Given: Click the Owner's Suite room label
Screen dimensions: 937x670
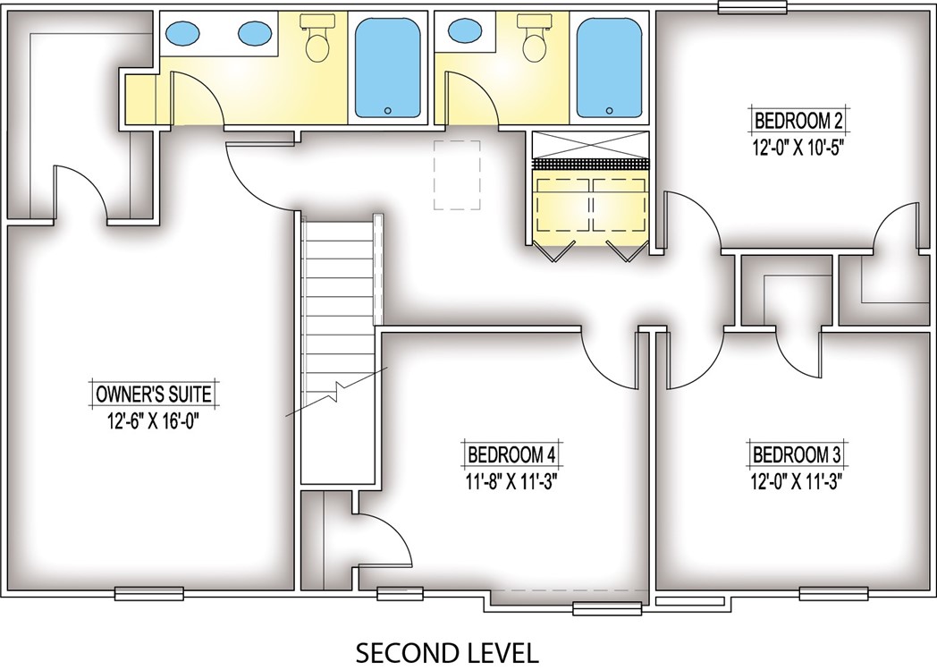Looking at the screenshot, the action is tap(154, 394).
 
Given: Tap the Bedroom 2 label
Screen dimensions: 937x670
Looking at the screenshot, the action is tap(798, 122).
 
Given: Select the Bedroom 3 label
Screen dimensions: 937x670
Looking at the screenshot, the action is tap(797, 454).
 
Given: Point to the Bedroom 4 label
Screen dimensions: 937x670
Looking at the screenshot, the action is tap(511, 454).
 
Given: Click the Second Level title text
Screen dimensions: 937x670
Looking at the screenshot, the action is tap(447, 653).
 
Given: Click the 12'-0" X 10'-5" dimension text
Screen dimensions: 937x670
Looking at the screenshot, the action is tap(798, 147).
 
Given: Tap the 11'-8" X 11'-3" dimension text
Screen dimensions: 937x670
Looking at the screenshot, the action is tap(511, 481).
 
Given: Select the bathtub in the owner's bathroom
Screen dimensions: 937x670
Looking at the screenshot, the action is tap(388, 68).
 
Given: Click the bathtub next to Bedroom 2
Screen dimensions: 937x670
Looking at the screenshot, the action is tap(610, 68).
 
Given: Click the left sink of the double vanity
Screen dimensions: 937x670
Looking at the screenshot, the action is tap(181, 33).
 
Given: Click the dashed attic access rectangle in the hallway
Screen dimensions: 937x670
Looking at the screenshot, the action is tap(457, 175).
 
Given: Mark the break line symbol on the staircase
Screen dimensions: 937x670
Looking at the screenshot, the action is tap(336, 392).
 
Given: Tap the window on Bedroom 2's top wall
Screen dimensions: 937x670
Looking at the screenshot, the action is tap(753, 6).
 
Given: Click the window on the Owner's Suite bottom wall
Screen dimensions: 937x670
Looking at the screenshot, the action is tap(148, 593).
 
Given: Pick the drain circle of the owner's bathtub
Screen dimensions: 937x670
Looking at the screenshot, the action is tap(388, 111).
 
